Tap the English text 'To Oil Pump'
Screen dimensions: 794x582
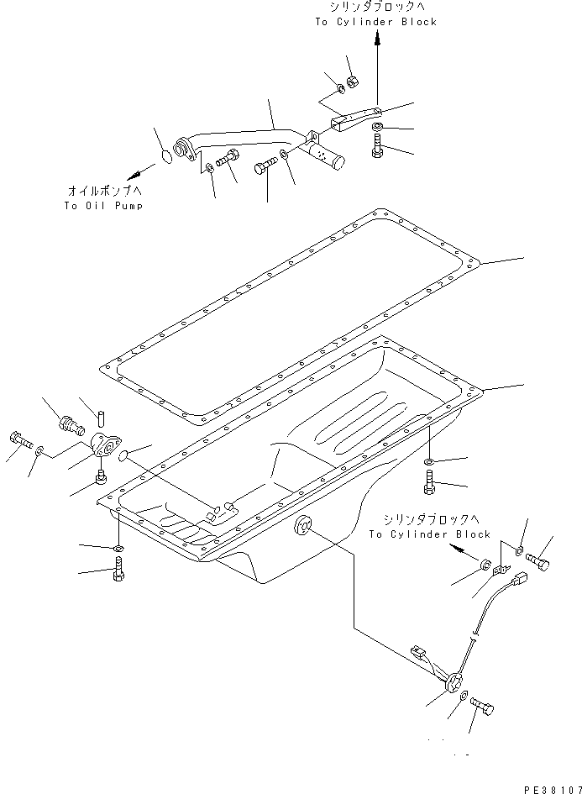coord(102,206)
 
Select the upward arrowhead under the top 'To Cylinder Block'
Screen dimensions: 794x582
coord(376,38)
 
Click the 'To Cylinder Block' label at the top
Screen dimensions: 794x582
coord(376,22)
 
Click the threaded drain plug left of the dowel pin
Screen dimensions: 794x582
coord(67,419)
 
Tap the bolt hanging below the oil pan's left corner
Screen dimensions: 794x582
coord(118,573)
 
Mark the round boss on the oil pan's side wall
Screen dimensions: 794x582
coord(300,527)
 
